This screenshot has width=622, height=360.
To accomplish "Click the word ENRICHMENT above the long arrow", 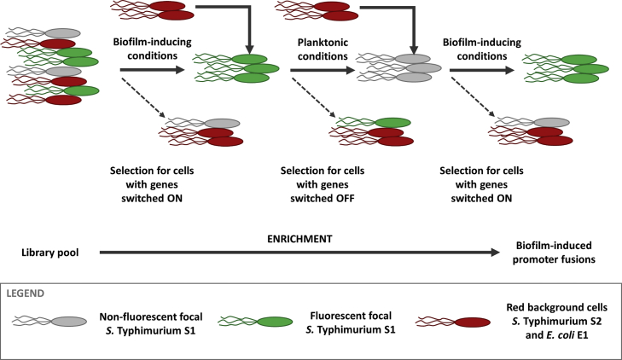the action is coord(299,239).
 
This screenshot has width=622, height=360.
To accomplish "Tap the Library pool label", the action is coord(50,253).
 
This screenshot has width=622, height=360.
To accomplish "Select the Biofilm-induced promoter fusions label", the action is coord(554,253).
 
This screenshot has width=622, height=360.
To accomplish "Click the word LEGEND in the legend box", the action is coord(26,293).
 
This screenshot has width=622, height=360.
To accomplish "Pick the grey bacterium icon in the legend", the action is coord(49,321).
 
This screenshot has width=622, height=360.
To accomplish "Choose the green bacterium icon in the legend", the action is coord(255,321).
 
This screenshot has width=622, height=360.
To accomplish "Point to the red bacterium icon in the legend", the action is coord(453,322).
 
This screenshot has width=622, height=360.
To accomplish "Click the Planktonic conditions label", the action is coord(323,49).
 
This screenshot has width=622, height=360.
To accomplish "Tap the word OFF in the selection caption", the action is coord(344,198).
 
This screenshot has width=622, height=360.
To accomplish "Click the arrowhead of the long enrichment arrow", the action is coord(496,253).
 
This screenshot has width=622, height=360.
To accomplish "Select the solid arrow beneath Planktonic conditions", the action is coord(323,70).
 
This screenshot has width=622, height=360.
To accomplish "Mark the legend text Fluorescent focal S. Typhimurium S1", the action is coord(351,322).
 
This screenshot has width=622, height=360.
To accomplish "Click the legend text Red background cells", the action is coord(556,307).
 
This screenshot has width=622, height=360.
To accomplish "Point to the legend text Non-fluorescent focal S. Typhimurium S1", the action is coord(151,323).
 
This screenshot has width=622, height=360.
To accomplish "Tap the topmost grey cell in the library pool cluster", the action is coord(62,33).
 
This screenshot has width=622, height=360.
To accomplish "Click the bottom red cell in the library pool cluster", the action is coord(63,101).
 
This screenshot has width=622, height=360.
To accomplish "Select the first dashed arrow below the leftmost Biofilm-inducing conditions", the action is coord(143,97).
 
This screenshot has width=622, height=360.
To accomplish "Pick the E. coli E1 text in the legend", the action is coord(567,335).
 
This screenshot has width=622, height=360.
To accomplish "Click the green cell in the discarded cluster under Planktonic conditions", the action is coord(392,123).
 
